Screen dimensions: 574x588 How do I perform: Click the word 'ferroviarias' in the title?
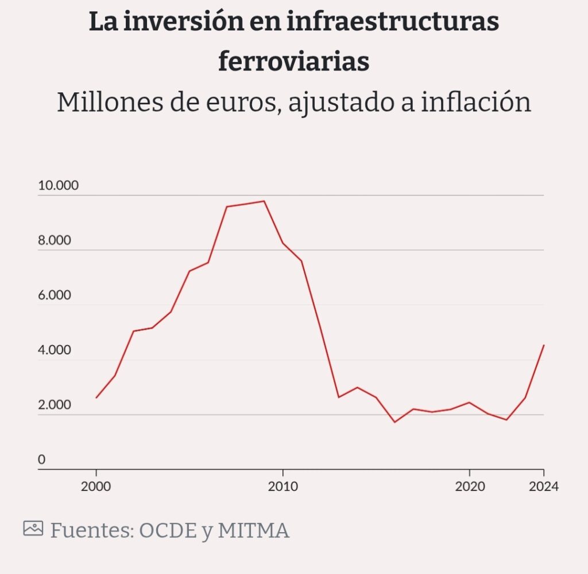pos(293,61)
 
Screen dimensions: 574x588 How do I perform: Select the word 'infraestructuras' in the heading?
pos(393,22)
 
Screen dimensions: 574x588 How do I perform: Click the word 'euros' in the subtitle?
pos(237,103)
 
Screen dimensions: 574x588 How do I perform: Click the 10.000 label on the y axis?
pos(58,186)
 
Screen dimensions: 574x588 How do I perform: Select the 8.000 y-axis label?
pos(55,240)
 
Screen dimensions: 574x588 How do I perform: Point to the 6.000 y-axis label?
pos(55,295)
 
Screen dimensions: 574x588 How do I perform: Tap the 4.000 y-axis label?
pos(55,350)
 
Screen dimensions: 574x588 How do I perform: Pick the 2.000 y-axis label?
pos(55,405)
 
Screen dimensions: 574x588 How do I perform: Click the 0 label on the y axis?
pos(41,460)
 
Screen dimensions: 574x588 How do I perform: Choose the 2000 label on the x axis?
pos(96,487)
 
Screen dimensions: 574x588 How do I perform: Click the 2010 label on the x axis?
pos(283,487)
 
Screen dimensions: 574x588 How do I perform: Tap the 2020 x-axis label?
pos(470,487)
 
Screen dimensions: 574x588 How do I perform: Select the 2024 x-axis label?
pos(543,487)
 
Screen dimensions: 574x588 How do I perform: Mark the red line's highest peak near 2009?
pos(264,201)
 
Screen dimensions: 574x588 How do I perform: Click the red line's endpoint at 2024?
pos(543,345)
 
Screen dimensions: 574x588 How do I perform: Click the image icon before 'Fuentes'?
pos(33,528)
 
